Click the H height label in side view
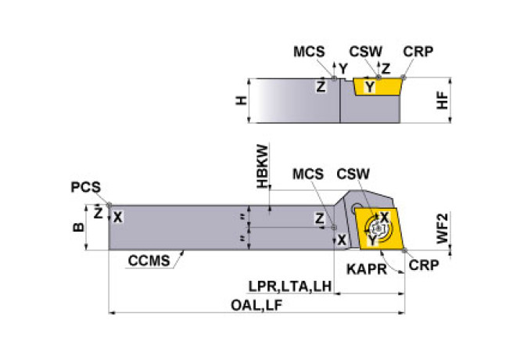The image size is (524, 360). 242,100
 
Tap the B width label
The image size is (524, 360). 77,228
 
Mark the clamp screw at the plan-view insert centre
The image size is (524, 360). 378,229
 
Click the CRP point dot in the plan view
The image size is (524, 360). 405,250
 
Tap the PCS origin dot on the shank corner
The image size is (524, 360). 109,205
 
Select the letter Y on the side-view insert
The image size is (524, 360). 371,88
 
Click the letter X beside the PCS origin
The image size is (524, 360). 117,217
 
